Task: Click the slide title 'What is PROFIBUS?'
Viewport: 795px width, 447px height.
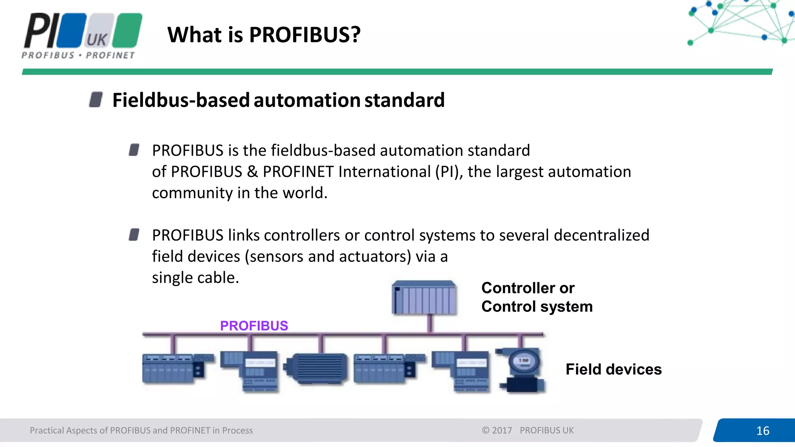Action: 264,35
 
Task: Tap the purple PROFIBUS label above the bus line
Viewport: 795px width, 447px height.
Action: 254,326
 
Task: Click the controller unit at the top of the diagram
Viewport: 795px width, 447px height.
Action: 424,298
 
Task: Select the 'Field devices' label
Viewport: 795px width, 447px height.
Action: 613,369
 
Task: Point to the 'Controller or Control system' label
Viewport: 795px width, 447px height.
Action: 536,297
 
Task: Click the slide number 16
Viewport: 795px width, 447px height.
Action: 762,431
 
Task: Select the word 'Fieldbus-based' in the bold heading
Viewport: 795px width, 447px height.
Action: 181,100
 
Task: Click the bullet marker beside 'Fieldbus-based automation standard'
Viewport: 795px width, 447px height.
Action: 95,99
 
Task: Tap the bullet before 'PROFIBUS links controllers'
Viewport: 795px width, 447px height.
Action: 134,234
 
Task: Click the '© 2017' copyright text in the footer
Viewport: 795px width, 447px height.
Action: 497,430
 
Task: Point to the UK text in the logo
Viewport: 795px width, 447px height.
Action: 97,40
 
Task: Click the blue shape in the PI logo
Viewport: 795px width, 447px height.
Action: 71,30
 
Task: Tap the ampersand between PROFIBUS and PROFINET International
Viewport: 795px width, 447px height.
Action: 252,172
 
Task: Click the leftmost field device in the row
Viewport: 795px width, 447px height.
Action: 173,369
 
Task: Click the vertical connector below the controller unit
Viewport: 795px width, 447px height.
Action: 429,323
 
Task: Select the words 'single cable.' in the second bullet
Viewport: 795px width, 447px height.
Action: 195,278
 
